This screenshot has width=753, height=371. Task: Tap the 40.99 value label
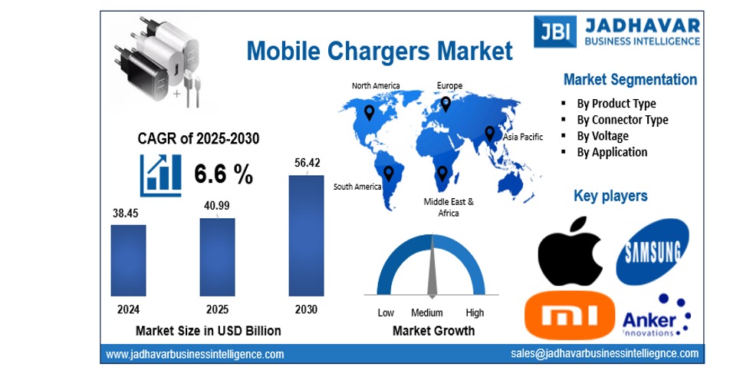coord(217,205)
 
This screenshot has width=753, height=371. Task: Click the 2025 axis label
coord(217,310)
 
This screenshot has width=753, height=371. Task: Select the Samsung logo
coord(653,250)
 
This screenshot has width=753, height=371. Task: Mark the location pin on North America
coord(369,113)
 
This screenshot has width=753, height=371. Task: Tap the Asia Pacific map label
coord(522,137)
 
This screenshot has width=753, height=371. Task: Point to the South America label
coord(357,187)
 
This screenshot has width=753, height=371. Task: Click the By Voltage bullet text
coord(602,136)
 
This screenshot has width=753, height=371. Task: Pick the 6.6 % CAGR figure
coord(223,174)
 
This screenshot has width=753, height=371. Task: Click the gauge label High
coord(475,313)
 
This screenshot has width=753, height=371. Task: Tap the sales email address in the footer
coord(604,353)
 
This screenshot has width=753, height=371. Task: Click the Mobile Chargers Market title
coord(379,51)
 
